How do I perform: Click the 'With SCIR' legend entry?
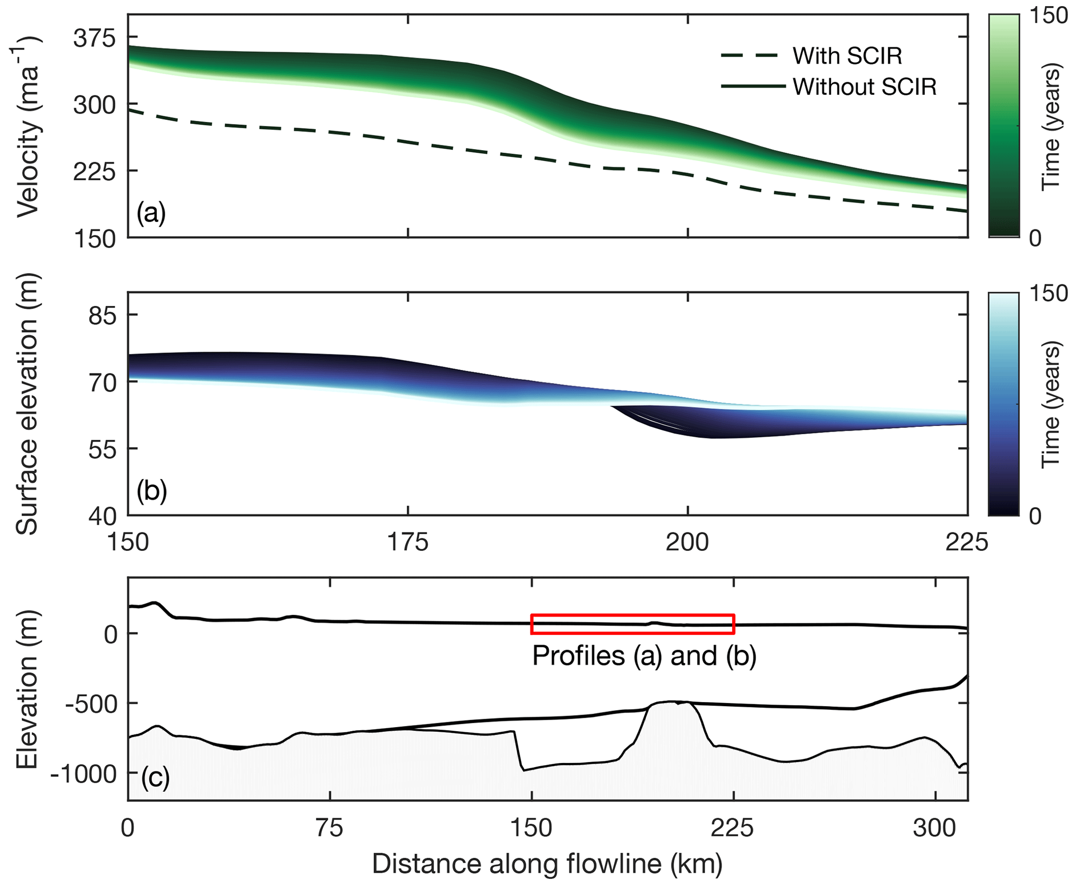tap(847, 56)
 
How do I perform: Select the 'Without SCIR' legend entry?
tap(864, 87)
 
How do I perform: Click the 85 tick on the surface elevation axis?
tap(102, 315)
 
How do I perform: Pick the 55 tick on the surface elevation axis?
tap(102, 449)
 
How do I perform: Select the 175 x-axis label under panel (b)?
tap(408, 543)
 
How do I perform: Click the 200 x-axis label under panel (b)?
tap(688, 543)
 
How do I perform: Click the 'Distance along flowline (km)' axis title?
tap(547, 864)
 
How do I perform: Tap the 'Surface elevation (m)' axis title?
tap(27, 404)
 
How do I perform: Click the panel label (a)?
tap(151, 213)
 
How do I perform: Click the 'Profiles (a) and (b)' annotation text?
tap(644, 656)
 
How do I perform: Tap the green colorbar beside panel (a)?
tap(1004, 126)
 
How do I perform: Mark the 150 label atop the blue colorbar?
tap(1049, 293)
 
